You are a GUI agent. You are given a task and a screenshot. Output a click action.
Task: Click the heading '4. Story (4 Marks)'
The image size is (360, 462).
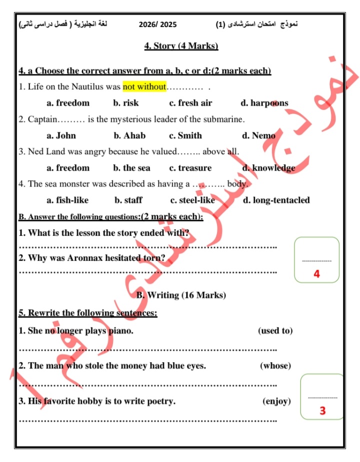click(181, 46)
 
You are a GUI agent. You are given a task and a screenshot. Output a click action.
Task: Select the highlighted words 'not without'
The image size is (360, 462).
click(144, 87)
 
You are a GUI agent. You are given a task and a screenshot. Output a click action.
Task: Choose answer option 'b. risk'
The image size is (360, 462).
click(126, 103)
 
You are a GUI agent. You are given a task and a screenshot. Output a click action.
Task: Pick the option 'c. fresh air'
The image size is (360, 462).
click(190, 103)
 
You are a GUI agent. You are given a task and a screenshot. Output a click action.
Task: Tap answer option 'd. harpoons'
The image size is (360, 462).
click(264, 103)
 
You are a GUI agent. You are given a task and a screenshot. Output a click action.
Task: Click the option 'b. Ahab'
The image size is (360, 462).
click(129, 135)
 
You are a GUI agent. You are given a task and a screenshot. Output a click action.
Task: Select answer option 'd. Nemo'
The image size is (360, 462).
click(258, 135)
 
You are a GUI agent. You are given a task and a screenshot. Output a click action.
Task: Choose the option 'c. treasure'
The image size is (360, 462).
click(190, 168)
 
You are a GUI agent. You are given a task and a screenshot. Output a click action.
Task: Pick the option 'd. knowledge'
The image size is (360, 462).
click(268, 168)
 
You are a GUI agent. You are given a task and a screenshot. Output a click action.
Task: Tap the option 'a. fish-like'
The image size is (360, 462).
click(67, 200)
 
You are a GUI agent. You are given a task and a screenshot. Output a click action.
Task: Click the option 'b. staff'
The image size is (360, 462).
click(128, 200)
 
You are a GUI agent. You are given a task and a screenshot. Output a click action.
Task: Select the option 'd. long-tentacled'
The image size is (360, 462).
click(276, 200)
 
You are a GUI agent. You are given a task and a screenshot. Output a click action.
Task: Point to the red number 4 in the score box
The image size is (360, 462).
click(316, 274)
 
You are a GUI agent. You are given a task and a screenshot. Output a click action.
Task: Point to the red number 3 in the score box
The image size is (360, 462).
click(322, 411)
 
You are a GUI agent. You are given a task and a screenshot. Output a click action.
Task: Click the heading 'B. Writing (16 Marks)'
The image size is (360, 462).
click(181, 295)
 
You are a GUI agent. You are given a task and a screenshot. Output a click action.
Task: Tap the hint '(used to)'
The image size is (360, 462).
click(275, 331)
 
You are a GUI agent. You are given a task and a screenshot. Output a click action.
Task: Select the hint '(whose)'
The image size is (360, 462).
click(275, 366)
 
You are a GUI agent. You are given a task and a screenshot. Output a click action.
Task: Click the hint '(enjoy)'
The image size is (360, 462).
click(276, 401)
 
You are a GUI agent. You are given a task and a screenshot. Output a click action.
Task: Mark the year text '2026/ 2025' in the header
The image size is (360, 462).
click(157, 24)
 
